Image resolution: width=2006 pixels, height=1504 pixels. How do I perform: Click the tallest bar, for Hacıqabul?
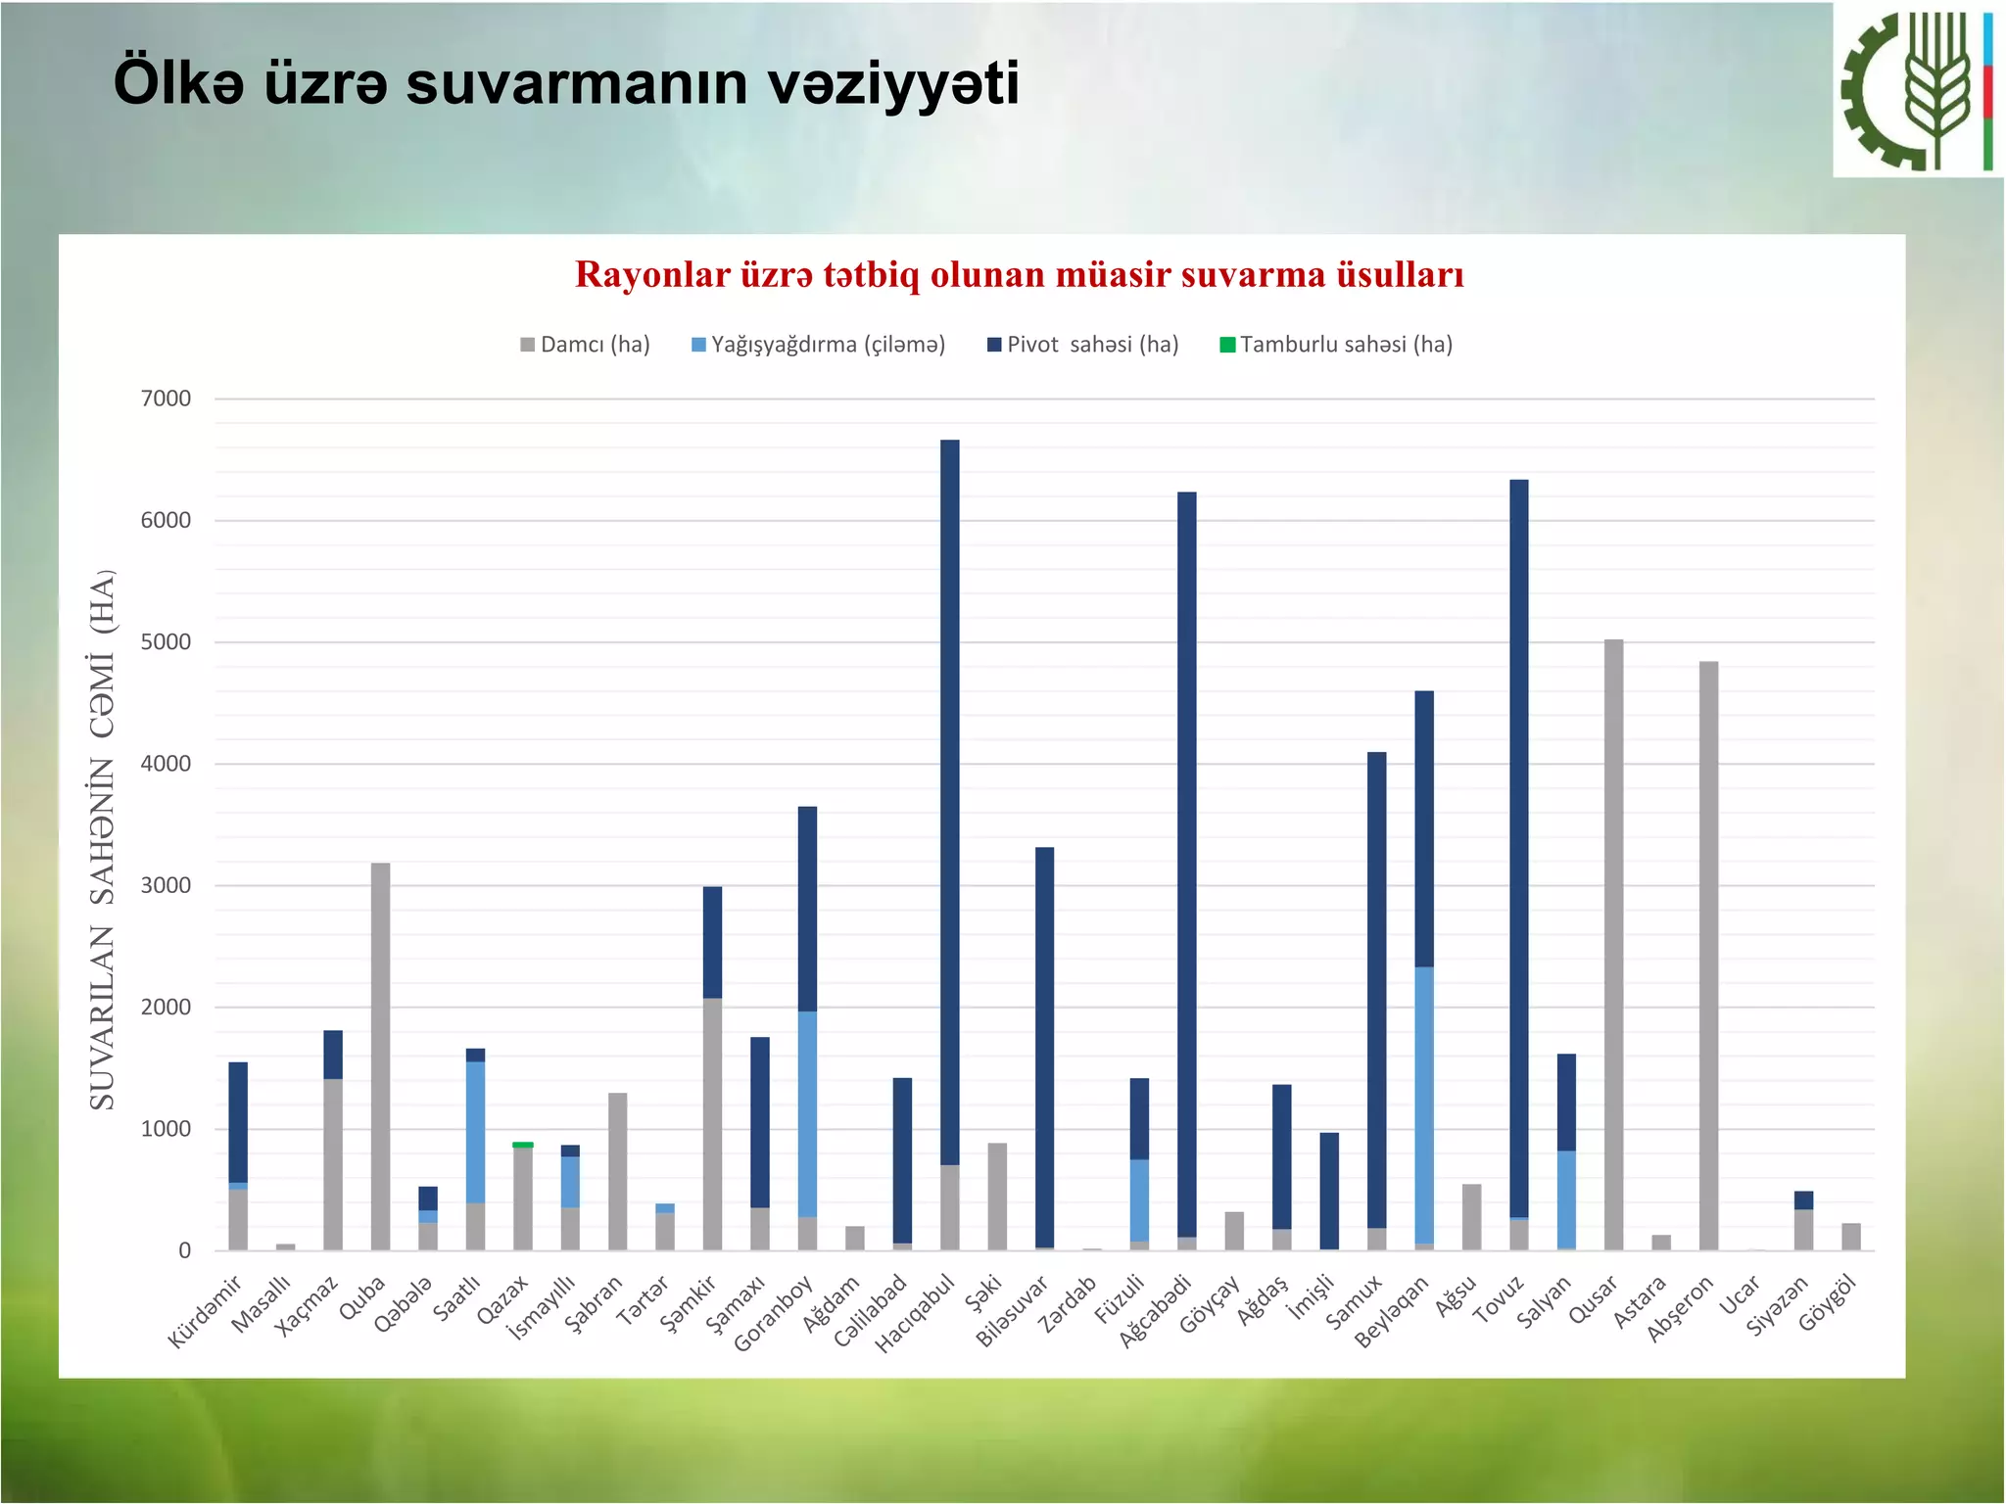coord(949,803)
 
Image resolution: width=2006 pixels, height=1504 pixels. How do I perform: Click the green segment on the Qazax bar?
coord(523,1145)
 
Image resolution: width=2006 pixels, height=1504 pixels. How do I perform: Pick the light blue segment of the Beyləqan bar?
coord(1424,1105)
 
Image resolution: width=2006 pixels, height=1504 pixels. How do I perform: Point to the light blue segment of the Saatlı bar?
coord(475,1132)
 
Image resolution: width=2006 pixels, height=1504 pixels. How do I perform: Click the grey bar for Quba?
coord(380,1057)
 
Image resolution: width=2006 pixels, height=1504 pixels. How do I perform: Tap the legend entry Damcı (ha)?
coord(585,345)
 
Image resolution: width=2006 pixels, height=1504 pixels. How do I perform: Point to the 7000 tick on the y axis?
coord(167,399)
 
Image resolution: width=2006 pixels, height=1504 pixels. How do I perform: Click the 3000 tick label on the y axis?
coord(167,885)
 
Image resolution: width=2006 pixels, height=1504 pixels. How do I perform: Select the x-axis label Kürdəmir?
coord(205,1312)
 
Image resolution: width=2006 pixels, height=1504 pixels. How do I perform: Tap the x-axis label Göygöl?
coord(1828,1304)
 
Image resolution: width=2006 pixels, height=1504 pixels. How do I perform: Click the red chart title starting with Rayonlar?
coord(1019,275)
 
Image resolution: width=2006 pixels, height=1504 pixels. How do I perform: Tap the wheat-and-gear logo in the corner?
coord(1917,90)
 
